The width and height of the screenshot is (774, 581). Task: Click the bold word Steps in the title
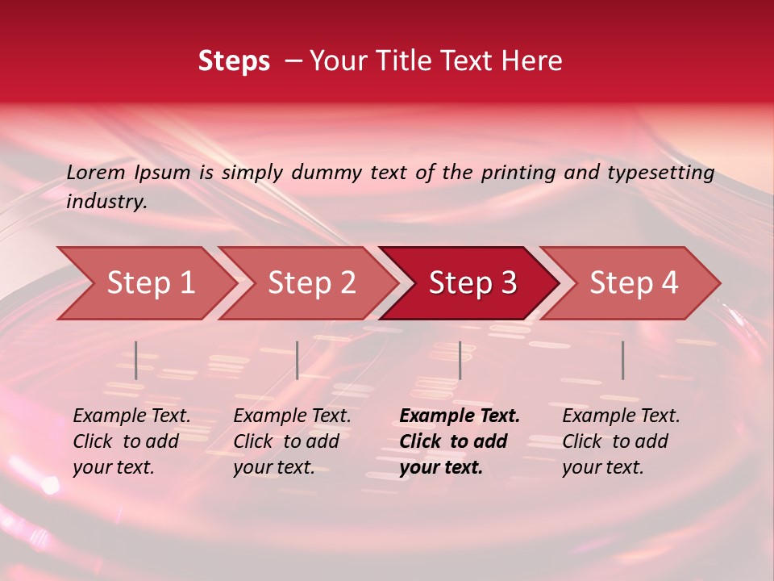tap(234, 61)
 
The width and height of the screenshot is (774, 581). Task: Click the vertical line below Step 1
tap(136, 360)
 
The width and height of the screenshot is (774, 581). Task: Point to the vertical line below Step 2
tap(298, 360)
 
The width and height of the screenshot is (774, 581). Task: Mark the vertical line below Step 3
tap(460, 360)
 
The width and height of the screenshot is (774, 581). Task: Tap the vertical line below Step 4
tap(622, 360)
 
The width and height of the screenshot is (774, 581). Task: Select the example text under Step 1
tap(131, 441)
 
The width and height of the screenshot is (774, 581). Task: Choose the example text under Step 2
tap(292, 441)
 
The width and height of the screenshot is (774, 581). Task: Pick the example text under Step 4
tap(621, 441)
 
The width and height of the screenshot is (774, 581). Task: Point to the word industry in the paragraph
tap(106, 202)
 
